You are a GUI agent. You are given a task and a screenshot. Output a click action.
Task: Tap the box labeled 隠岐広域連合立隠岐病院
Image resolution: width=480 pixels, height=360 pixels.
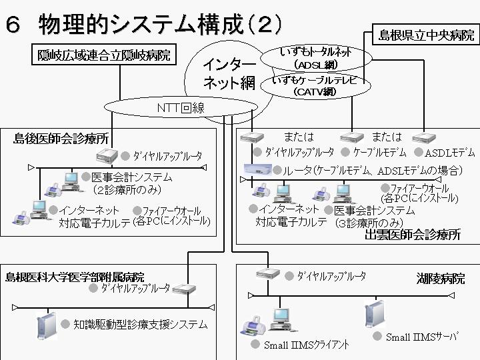(x=103, y=55)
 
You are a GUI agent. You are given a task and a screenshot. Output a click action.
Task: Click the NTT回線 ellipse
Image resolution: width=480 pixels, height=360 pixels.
(x=180, y=107)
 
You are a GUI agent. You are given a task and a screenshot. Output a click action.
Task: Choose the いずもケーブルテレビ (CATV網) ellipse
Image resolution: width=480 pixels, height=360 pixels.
(x=315, y=86)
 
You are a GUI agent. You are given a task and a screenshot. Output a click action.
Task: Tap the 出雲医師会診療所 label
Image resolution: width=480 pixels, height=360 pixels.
(x=413, y=234)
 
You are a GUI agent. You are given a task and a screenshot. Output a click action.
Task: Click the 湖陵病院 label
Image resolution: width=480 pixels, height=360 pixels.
(x=441, y=278)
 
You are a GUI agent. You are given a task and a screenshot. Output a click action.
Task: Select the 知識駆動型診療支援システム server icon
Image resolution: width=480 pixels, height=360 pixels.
(x=46, y=326)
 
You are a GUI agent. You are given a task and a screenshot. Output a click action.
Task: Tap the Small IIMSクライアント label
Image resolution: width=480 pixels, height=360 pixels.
(x=306, y=345)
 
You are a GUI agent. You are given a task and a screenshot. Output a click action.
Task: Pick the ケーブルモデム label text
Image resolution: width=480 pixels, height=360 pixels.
(x=381, y=152)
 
